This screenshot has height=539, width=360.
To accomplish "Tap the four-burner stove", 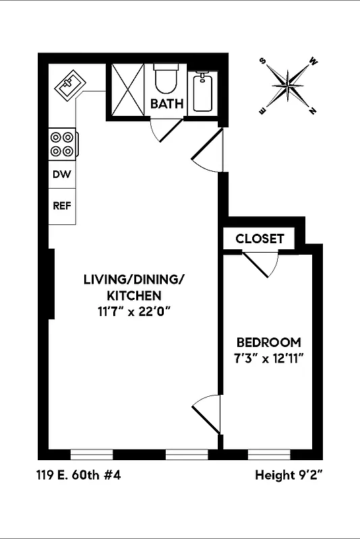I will tap(63, 144).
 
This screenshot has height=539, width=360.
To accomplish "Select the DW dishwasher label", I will tap(62, 173).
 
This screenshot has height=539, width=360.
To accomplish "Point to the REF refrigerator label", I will tap(62, 206).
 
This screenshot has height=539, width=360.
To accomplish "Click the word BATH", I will tap(167, 104).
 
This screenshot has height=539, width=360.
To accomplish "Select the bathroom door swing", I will tap(164, 130).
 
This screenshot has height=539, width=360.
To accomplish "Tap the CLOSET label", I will tap(260, 239).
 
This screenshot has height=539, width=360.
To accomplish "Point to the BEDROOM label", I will tap(268, 342).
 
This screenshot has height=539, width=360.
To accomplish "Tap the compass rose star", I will tap(289, 86).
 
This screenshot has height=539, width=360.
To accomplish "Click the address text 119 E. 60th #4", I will tap(79, 475).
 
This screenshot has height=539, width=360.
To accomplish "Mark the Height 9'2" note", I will tap(289, 475).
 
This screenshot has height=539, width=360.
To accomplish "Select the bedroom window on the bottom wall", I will tap(269, 454).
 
